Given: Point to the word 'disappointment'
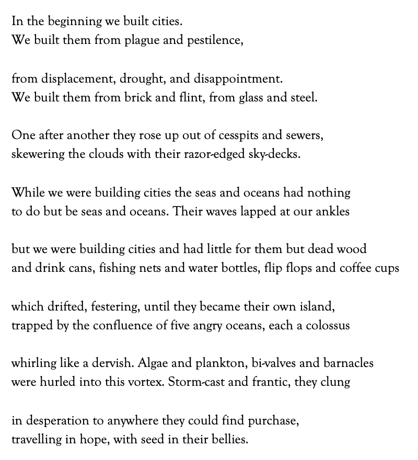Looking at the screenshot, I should [x=238, y=79].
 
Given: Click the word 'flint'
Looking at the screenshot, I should [x=190, y=98].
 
